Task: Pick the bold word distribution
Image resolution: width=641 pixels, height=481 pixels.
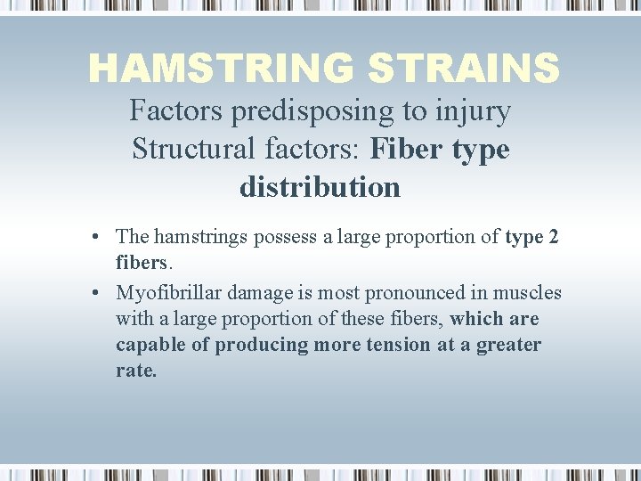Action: [320, 187]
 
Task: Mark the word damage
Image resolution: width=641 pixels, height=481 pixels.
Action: [263, 293]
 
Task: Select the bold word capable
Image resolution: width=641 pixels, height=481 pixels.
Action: [147, 345]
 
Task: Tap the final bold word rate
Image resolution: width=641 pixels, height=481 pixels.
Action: [135, 371]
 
